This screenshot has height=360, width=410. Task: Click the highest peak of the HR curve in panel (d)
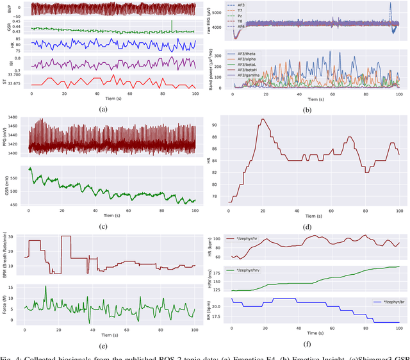coord(261,119)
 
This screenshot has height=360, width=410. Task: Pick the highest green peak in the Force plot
coord(45,287)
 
